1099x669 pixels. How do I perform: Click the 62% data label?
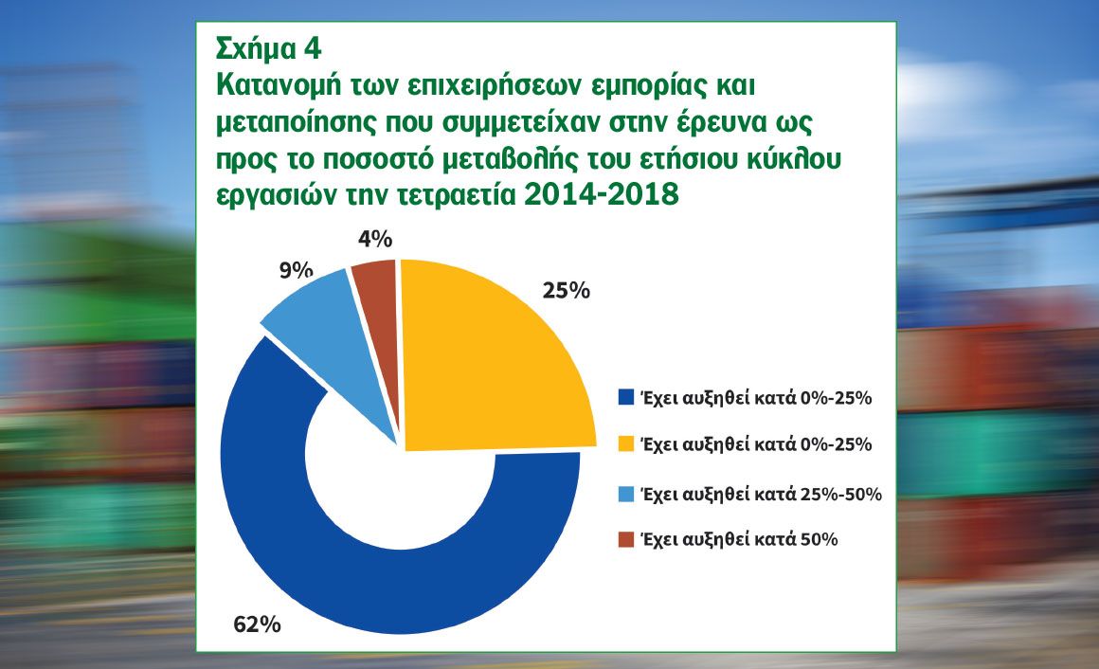point(257,624)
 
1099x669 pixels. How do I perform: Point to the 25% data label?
point(567,290)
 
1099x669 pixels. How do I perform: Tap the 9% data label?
point(296,269)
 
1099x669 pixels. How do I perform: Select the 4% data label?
point(375,239)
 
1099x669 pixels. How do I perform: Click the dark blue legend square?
point(626,398)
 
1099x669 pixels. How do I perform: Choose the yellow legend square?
point(626,443)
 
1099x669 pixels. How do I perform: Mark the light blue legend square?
point(626,494)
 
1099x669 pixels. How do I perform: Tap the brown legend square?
point(626,539)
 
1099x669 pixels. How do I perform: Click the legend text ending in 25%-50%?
point(761,494)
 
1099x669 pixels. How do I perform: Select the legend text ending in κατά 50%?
point(739,539)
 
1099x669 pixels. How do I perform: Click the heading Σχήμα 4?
point(269,48)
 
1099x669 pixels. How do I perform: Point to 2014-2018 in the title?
point(602,193)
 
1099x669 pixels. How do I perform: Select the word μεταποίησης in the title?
point(297,123)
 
